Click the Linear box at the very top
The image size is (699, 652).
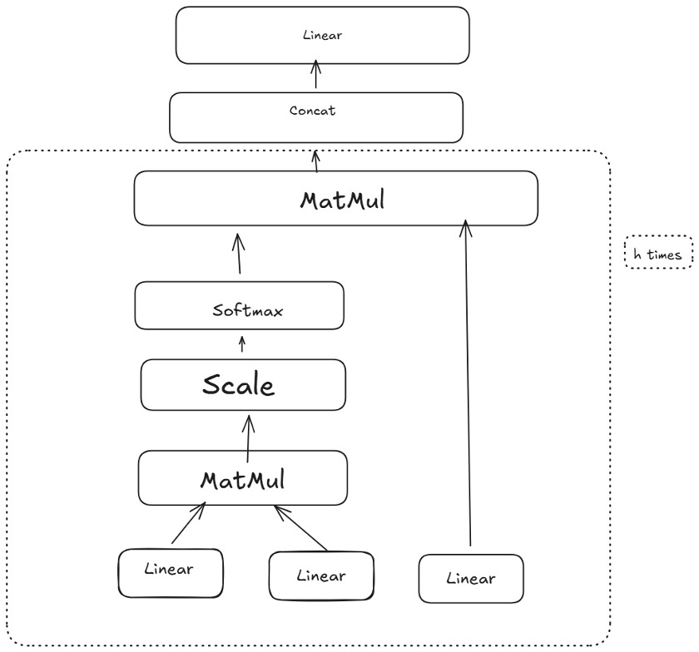coord(322,36)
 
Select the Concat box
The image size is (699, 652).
coord(315,116)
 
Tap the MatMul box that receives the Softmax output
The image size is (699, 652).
coord(335,198)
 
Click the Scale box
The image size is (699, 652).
coord(242,384)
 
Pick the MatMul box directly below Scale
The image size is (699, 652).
coord(242,477)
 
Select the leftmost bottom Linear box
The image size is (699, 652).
coord(171,572)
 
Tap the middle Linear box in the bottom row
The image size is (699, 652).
coord(320,575)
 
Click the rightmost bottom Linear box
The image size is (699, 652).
coord(471,578)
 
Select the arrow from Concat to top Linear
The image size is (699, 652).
coord(315,78)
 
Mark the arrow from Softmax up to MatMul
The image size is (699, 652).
coord(239,254)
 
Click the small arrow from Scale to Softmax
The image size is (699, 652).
coord(242,345)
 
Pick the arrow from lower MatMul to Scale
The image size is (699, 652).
coord(247,436)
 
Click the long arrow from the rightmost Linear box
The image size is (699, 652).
coord(469,383)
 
